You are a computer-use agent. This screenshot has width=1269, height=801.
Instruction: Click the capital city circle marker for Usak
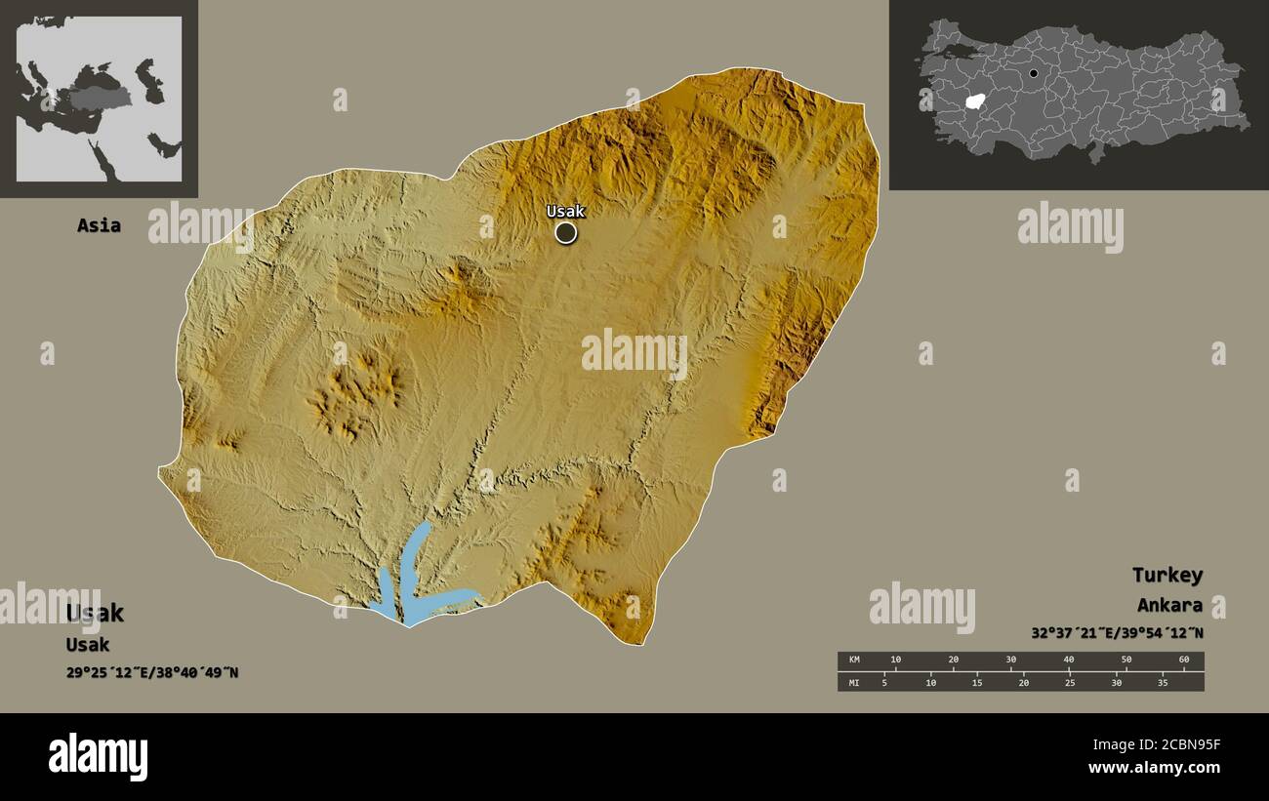click(x=565, y=232)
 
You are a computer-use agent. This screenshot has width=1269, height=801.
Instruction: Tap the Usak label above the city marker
click(x=565, y=211)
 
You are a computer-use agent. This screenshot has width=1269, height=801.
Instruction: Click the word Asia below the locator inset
click(x=99, y=225)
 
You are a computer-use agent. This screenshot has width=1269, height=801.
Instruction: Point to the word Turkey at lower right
click(x=1167, y=575)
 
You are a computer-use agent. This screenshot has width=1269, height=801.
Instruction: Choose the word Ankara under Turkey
click(x=1168, y=605)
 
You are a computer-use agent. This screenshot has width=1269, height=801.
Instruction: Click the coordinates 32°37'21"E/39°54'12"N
click(x=1117, y=633)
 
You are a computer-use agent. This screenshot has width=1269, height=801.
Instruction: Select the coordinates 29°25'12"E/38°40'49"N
click(x=152, y=672)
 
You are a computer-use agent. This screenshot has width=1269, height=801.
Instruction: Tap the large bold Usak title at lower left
click(x=95, y=614)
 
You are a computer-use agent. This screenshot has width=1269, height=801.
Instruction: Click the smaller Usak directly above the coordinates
click(x=87, y=645)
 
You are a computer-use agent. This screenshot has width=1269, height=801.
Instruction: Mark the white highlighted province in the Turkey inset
click(x=973, y=101)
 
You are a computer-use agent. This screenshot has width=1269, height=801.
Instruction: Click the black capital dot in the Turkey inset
click(x=1033, y=73)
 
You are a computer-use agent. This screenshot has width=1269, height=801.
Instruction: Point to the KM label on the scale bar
click(x=855, y=661)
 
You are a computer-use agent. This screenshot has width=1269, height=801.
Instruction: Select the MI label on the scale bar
click(x=855, y=683)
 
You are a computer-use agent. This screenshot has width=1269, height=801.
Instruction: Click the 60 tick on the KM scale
click(x=1183, y=661)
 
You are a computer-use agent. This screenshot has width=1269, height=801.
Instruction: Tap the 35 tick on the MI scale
click(x=1162, y=683)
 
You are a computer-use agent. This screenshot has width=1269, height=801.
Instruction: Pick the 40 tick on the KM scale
click(x=1068, y=661)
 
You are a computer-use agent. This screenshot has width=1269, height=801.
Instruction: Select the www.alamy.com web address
click(x=1155, y=768)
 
